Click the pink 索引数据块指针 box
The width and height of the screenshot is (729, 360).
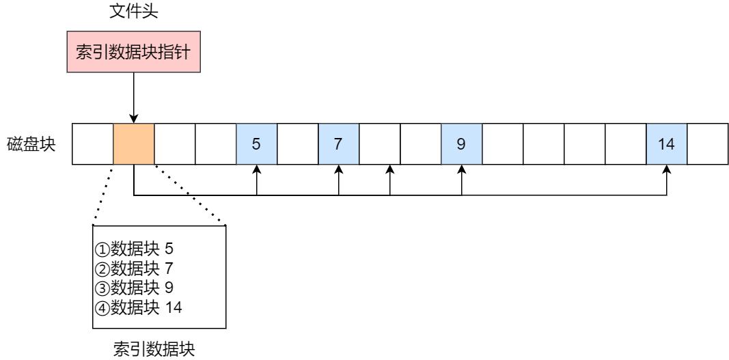click(133, 54)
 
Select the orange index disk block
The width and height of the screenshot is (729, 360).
click(133, 145)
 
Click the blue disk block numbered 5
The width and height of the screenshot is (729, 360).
click(256, 145)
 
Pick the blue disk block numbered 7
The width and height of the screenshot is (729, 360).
click(338, 145)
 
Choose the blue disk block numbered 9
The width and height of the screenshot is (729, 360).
click(461, 145)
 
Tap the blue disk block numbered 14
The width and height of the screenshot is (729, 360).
click(666, 145)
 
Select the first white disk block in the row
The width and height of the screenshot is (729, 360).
click(92, 145)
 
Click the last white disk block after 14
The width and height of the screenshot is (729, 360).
click(707, 145)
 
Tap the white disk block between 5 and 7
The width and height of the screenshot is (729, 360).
click(297, 145)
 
